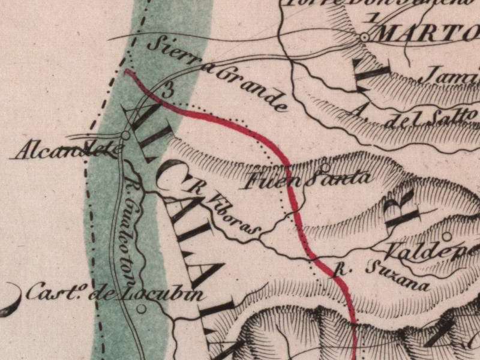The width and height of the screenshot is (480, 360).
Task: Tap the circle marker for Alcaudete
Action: (125, 136)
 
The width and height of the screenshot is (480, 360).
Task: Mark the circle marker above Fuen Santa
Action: (325, 167)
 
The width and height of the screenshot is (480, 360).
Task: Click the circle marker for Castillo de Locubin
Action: (142, 309)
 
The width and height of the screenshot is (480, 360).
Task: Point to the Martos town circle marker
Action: (364, 37)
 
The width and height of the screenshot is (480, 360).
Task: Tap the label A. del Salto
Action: (414, 116)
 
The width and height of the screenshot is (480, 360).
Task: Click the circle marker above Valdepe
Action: (446, 235)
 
